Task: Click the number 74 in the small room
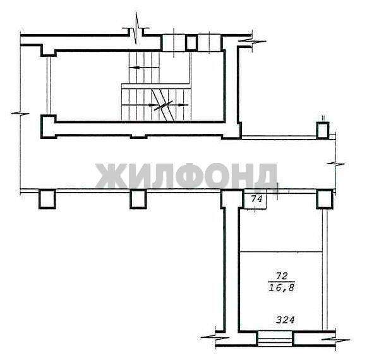256,198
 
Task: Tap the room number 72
282,276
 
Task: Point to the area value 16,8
281,288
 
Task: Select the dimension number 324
286,320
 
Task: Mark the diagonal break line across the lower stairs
163,105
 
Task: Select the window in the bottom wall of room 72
275,338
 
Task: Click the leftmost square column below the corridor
47,199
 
